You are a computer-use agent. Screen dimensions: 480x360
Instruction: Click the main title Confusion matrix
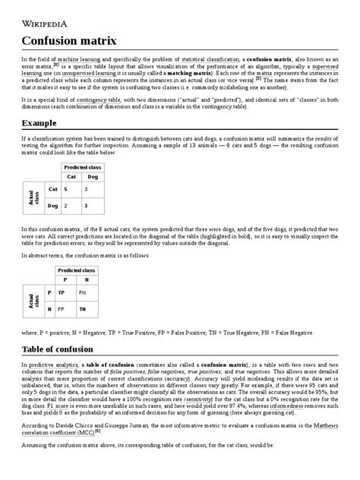[69, 40]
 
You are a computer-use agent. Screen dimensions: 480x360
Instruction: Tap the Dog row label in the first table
[52, 205]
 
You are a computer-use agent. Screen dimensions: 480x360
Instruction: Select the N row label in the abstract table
[49, 309]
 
